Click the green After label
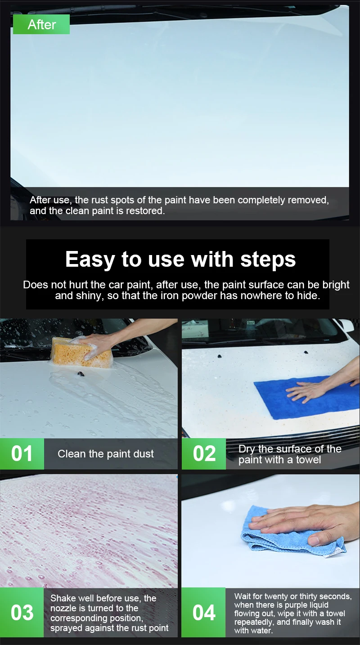pyautogui.click(x=41, y=24)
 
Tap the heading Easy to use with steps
pyautogui.click(x=180, y=259)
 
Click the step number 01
pyautogui.click(x=22, y=454)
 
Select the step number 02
pyautogui.click(x=204, y=454)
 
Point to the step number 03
pyautogui.click(x=22, y=613)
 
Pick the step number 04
pyautogui.click(x=204, y=613)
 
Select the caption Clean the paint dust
pyautogui.click(x=105, y=454)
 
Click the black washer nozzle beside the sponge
pyautogui.click(x=79, y=374)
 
